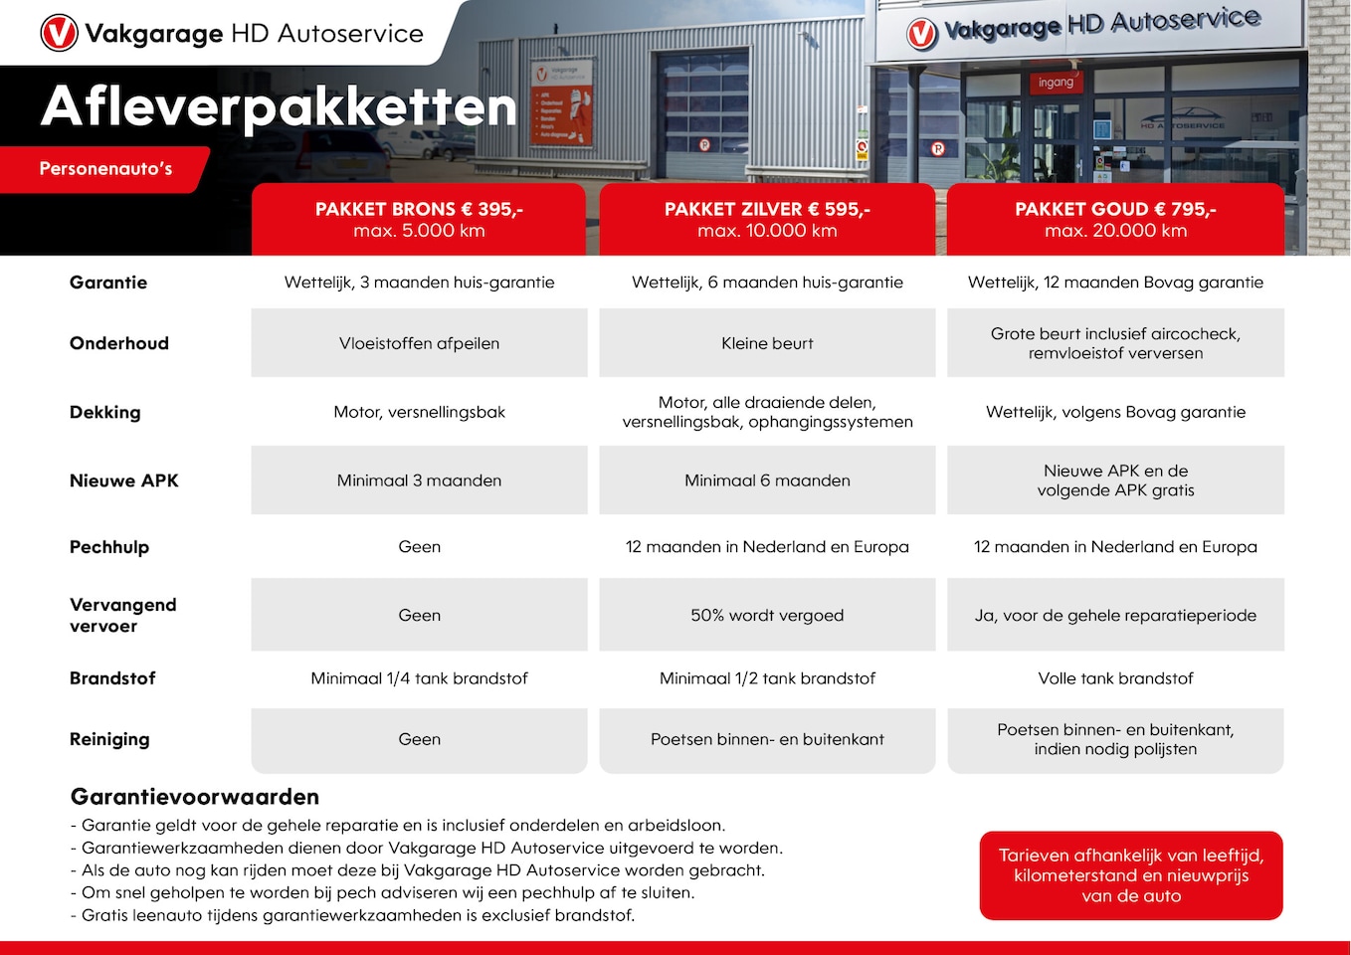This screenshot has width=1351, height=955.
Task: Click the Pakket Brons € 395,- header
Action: coord(419,219)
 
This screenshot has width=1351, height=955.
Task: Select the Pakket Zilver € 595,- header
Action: coord(767,219)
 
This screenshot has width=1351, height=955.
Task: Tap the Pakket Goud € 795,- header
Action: coord(1115,219)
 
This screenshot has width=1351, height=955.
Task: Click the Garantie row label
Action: coord(108,283)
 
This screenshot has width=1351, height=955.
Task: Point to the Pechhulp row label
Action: coord(109,547)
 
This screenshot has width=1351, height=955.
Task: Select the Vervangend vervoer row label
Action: coord(122,615)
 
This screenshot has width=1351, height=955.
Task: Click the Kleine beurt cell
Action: coord(767,343)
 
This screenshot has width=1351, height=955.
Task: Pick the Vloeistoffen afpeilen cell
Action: coord(419,343)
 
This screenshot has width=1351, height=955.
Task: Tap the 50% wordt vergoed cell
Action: coord(767,615)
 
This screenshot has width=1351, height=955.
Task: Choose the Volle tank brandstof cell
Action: coord(1115,678)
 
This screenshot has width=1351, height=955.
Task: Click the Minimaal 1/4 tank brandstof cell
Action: coord(419,678)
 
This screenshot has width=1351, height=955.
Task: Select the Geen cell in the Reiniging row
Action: coord(419,739)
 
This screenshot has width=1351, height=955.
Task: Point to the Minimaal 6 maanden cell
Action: coord(767,480)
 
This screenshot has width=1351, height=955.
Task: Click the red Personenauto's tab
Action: coord(105,169)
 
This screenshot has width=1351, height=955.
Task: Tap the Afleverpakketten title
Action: coord(279,106)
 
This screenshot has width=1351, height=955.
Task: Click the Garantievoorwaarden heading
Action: coord(195,797)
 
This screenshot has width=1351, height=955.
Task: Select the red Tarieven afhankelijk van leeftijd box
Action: coord(1131,875)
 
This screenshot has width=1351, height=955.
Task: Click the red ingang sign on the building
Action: coord(1056,83)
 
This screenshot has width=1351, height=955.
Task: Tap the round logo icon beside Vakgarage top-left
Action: coord(59,33)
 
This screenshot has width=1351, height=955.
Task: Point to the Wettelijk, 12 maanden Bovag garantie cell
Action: coord(1115,283)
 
